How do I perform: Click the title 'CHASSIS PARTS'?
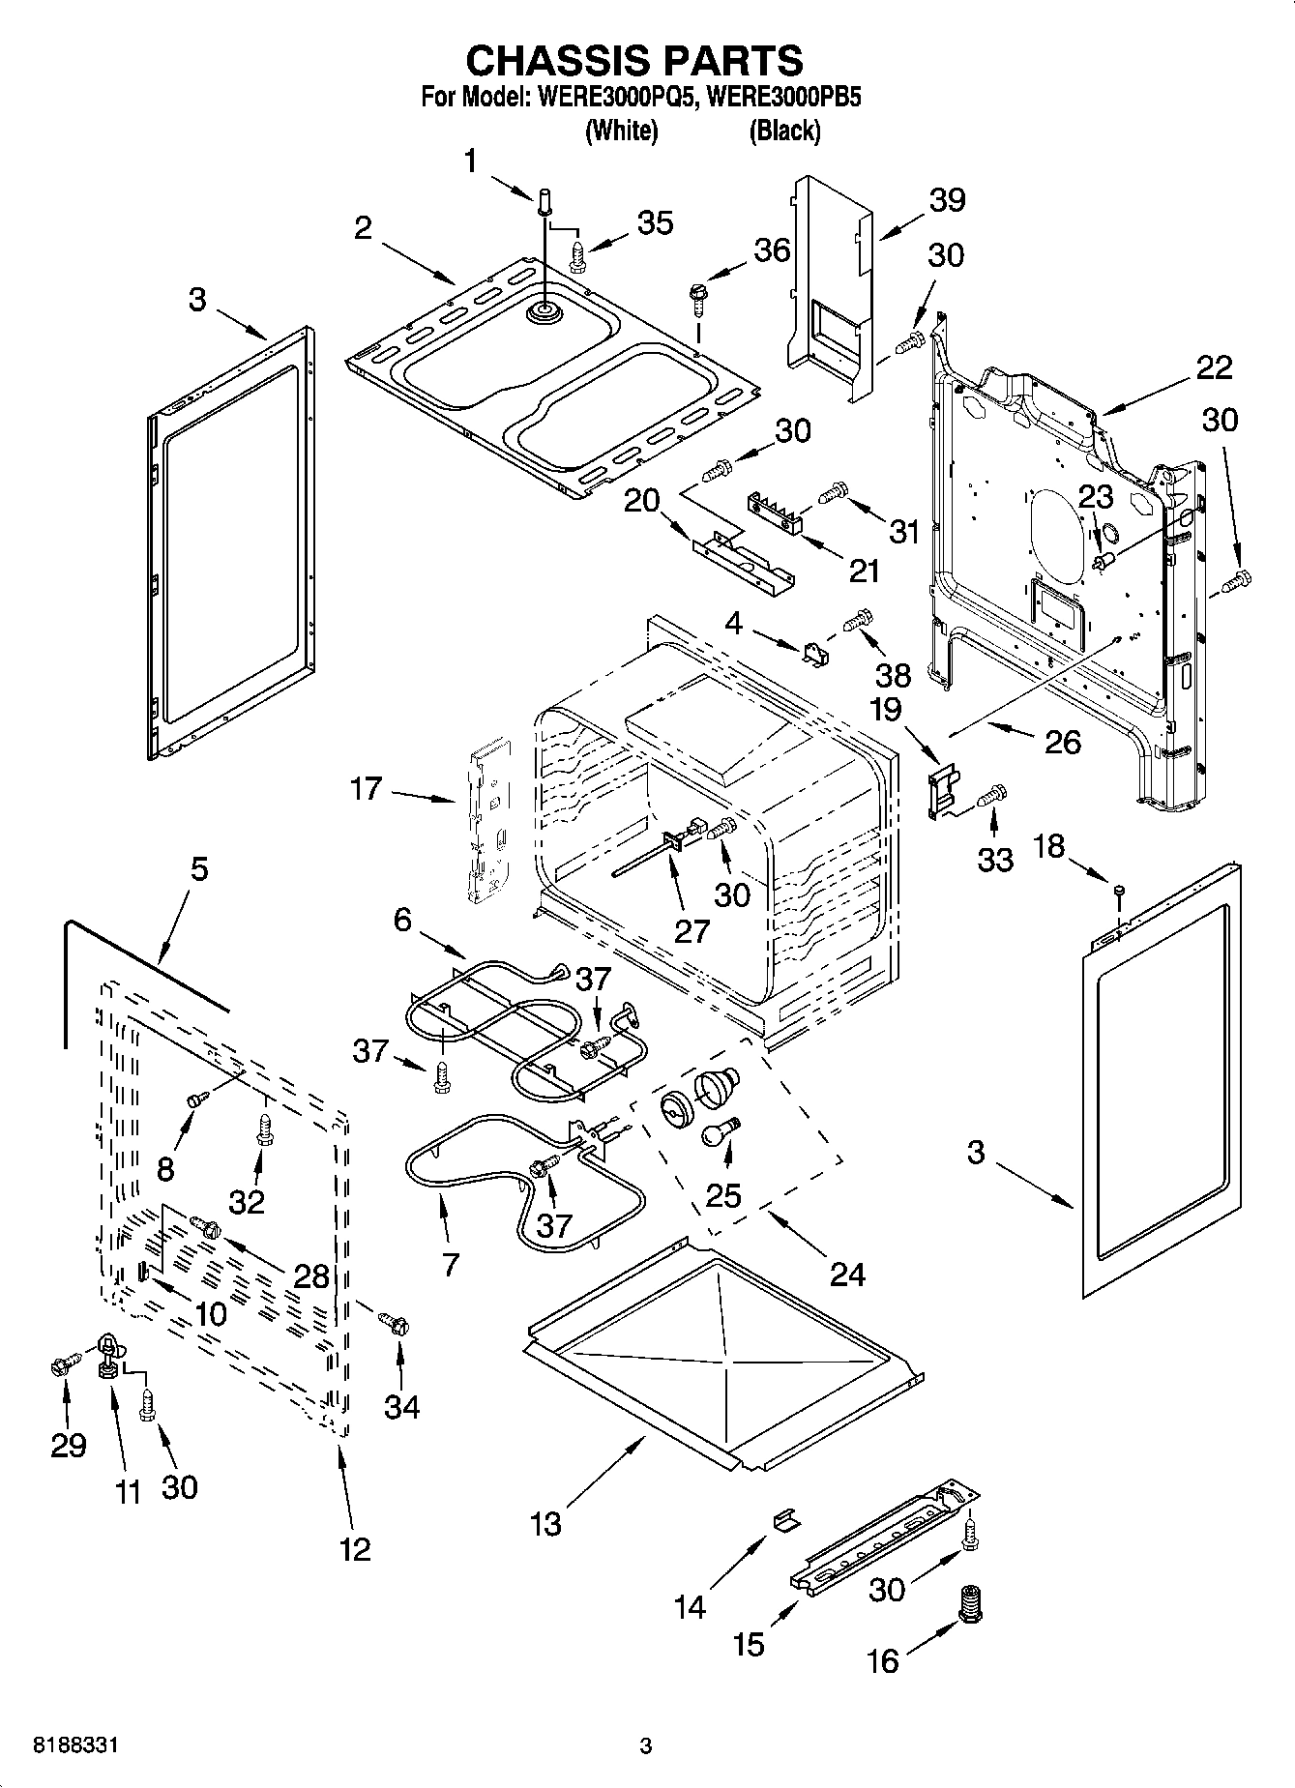[634, 60]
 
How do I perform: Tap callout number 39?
[947, 200]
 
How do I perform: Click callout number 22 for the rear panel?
[1214, 367]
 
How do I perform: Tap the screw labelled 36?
[696, 295]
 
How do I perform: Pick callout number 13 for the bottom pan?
[545, 1524]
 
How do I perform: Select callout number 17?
[367, 789]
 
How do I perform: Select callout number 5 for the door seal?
[198, 869]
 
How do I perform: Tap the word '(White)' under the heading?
[622, 131]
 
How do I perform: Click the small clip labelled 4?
[814, 654]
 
